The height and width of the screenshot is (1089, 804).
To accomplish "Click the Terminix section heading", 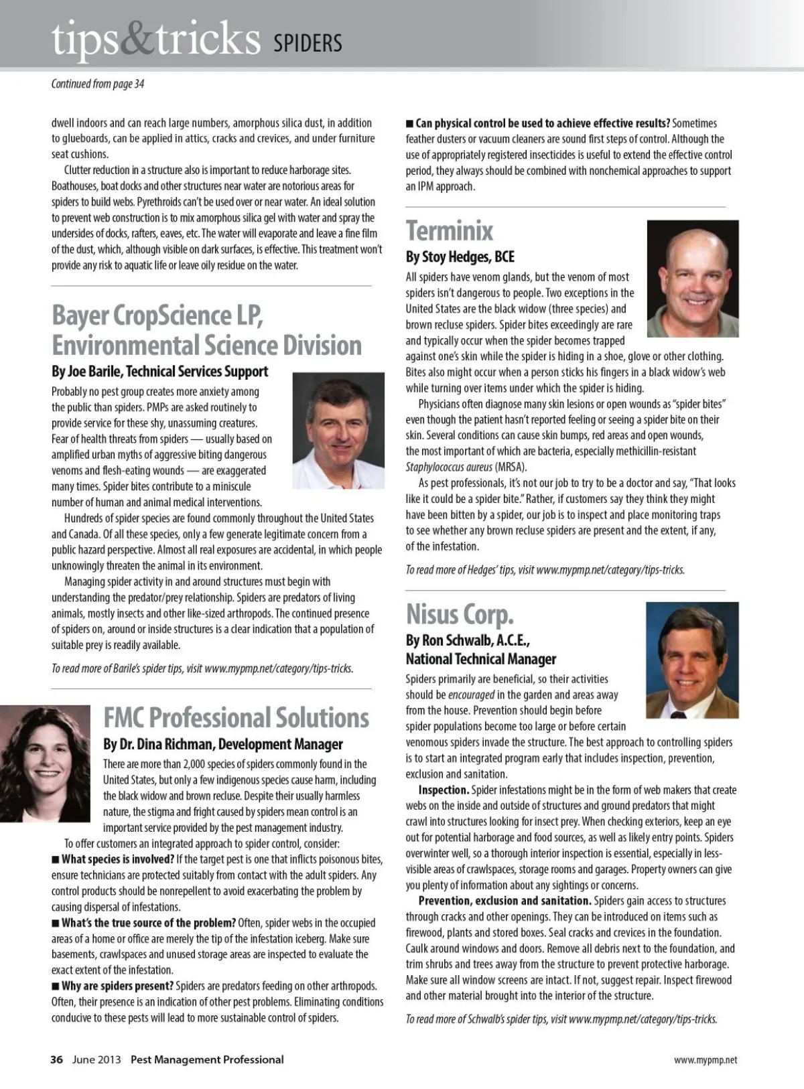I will (450, 231).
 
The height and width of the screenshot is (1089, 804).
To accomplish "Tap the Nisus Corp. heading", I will (460, 613).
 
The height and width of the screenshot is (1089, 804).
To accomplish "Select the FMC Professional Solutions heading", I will (236, 717).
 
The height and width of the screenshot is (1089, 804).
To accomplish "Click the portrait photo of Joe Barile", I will (338, 430).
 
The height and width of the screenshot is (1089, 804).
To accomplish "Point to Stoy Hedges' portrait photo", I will (693, 269).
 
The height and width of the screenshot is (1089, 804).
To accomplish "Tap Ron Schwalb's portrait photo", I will (692, 660).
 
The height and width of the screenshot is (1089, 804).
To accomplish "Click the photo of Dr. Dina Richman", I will (45, 763).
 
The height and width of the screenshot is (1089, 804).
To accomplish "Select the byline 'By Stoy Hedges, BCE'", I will (460, 257).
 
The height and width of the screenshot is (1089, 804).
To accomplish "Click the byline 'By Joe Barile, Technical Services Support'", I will (160, 372).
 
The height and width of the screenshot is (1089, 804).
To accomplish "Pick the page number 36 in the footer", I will (57, 1060).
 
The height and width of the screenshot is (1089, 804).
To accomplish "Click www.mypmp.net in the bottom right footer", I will (706, 1060).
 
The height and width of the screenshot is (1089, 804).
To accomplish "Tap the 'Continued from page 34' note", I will (98, 84).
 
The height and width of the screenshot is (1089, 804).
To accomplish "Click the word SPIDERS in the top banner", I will (308, 44).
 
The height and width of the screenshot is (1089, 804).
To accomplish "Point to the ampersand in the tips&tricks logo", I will (139, 39).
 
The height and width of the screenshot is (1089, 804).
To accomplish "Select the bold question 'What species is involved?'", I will (118, 859).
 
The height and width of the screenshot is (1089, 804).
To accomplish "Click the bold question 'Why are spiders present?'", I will (117, 986).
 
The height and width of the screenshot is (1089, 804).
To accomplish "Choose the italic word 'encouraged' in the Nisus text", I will (472, 695).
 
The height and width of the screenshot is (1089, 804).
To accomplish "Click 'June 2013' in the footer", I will (96, 1060).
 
